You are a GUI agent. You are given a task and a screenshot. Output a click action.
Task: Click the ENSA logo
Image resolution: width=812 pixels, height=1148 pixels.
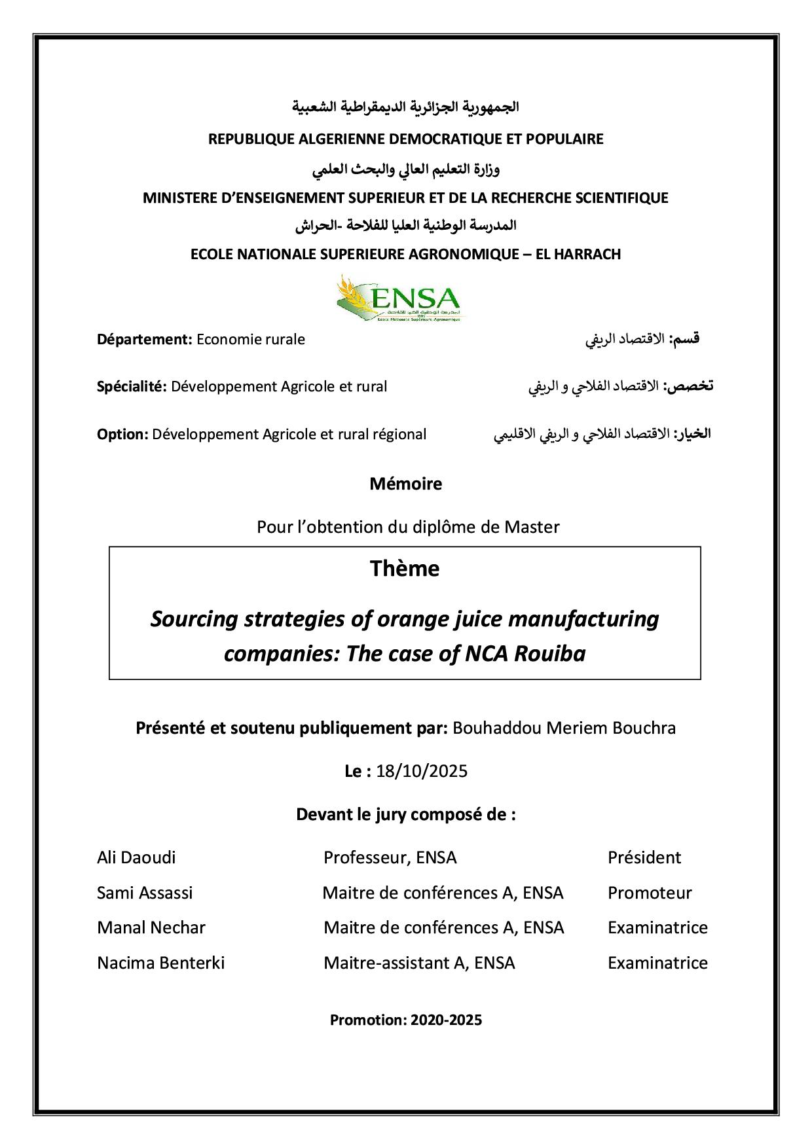point(398,298)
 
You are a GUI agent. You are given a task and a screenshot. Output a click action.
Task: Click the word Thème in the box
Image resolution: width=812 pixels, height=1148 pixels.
point(405,568)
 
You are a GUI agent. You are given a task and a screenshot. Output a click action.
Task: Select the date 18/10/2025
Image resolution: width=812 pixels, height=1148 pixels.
point(422,771)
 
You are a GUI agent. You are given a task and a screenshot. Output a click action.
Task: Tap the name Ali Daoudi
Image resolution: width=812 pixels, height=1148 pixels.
point(136,857)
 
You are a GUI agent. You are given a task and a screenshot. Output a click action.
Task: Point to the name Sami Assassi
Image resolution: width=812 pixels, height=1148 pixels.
point(145,893)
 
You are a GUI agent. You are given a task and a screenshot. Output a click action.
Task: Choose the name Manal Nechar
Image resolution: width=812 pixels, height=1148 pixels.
point(151,927)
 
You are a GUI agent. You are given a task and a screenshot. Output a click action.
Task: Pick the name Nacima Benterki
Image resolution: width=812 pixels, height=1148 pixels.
point(160,963)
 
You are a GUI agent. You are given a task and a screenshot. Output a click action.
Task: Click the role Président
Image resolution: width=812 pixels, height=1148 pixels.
point(644,857)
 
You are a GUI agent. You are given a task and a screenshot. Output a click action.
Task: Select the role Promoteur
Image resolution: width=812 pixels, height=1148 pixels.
point(650,893)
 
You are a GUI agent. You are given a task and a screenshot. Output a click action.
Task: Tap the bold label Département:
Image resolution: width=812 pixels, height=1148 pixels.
point(144,340)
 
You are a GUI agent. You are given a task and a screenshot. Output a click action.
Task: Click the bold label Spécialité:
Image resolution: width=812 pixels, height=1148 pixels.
point(132,386)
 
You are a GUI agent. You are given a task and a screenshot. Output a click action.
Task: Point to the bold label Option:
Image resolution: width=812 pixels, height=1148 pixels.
point(122,434)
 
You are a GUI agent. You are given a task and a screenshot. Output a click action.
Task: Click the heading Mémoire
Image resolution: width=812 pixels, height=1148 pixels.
point(405,484)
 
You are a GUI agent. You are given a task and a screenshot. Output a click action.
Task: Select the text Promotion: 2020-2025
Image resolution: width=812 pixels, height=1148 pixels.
point(406,1020)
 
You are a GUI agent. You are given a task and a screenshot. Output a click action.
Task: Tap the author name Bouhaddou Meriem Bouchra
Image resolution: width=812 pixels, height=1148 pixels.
point(564,728)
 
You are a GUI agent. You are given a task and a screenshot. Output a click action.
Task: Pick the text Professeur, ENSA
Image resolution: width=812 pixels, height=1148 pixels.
point(390,857)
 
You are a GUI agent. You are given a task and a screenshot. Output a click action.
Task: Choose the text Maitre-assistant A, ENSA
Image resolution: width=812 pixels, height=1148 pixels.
point(419,963)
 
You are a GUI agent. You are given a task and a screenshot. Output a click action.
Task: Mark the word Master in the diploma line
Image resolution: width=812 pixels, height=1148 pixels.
point(532,527)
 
